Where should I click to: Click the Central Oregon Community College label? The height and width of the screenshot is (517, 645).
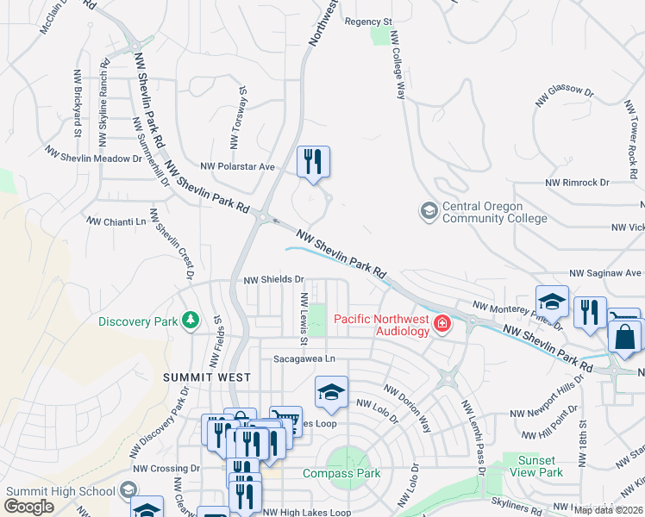(x=494, y=213)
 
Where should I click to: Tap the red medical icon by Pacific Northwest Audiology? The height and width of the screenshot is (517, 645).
(x=442, y=324)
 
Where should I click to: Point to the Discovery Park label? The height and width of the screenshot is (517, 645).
(x=137, y=322)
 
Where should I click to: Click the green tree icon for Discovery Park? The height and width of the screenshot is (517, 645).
(x=191, y=322)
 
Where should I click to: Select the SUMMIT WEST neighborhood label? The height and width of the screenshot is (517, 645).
(x=207, y=377)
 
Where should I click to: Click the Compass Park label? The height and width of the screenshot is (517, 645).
(x=341, y=473)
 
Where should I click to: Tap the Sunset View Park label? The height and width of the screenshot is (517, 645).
(x=536, y=466)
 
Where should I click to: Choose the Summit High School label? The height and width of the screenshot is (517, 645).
(x=60, y=491)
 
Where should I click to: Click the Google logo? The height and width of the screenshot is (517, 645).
(x=29, y=507)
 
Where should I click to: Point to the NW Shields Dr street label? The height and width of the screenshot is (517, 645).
(x=274, y=279)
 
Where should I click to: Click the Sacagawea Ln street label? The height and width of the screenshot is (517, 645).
(x=304, y=358)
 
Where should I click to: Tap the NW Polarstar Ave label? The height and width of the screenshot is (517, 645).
(x=237, y=166)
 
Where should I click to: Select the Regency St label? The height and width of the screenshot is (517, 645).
(x=368, y=21)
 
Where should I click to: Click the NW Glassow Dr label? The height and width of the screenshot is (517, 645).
(x=565, y=96)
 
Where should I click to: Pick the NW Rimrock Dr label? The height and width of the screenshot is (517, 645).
(x=577, y=183)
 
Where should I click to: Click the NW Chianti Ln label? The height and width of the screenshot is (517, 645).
(x=116, y=221)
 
